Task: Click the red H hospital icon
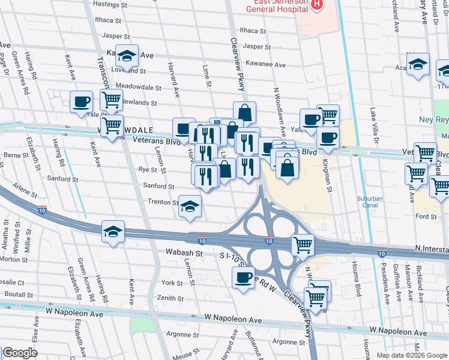coord(316,4)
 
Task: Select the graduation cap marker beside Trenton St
coord(190,208)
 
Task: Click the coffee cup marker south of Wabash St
coord(243,278)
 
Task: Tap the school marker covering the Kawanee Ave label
coord(127,56)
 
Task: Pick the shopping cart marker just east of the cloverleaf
coord(303,244)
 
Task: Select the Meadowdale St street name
coord(139,86)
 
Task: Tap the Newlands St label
coord(143,103)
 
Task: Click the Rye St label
coord(148,170)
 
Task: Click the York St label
coord(172,283)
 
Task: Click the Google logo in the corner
coord(20,353)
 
